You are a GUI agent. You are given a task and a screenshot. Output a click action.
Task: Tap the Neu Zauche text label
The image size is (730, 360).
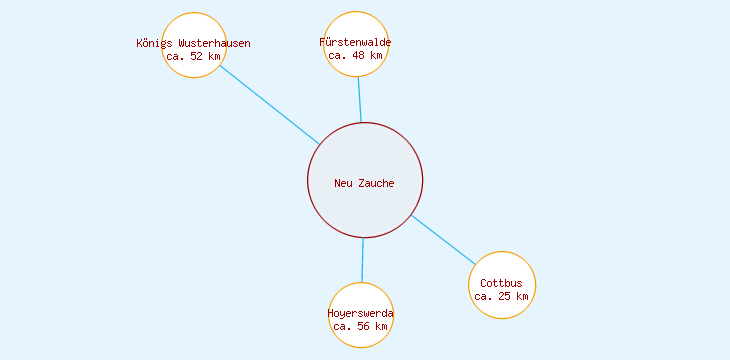pyautogui.click(x=364, y=183)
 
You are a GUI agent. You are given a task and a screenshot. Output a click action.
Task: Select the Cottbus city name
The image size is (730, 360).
pyautogui.click(x=501, y=284)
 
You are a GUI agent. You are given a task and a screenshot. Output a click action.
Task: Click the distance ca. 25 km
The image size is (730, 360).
pyautogui.click(x=501, y=296)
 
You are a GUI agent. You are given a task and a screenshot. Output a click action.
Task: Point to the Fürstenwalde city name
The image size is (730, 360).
pyautogui.click(x=355, y=43)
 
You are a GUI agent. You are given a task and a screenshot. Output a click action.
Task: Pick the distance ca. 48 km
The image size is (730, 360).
pyautogui.click(x=355, y=56)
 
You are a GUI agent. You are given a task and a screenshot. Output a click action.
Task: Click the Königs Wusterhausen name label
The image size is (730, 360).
pyautogui.click(x=193, y=44)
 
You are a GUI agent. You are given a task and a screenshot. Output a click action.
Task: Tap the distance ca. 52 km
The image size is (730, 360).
pyautogui.click(x=193, y=56)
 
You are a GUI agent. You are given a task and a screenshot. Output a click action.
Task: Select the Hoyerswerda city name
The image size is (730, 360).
pyautogui.click(x=360, y=314)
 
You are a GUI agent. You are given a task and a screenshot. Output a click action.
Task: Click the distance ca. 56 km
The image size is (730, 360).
pyautogui.click(x=360, y=326)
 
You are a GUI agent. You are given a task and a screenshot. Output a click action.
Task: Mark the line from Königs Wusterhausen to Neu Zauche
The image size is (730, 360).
pyautogui.click(x=270, y=105)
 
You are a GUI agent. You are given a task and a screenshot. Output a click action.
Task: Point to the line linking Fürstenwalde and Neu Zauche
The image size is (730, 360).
pyautogui.click(x=359, y=100)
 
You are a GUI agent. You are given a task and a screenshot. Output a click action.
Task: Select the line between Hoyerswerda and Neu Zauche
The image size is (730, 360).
pyautogui.click(x=362, y=260)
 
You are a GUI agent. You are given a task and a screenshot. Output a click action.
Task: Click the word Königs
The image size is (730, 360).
pyautogui.click(x=153, y=44)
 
